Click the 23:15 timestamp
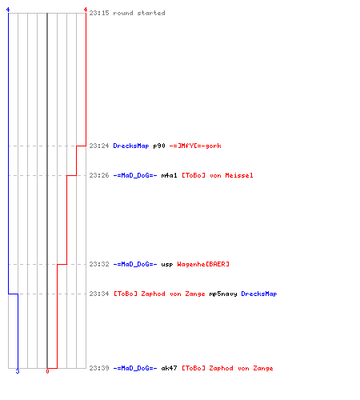(99, 13)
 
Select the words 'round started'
(139, 13)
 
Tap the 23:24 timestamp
(99, 146)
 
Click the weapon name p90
(159, 146)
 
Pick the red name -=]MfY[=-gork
(195, 146)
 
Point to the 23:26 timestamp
(99, 175)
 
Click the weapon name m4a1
(169, 175)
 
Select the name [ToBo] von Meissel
(218, 175)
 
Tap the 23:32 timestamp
(99, 264)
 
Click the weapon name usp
(167, 265)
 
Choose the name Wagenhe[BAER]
(203, 264)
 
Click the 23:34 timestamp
(99, 294)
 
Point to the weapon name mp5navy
(223, 294)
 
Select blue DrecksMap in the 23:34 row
(259, 294)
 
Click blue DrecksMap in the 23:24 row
(131, 146)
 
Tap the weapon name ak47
(169, 368)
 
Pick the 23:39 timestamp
(99, 368)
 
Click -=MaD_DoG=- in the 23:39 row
(135, 368)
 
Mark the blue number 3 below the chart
(18, 371)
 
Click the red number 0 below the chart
(47, 371)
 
